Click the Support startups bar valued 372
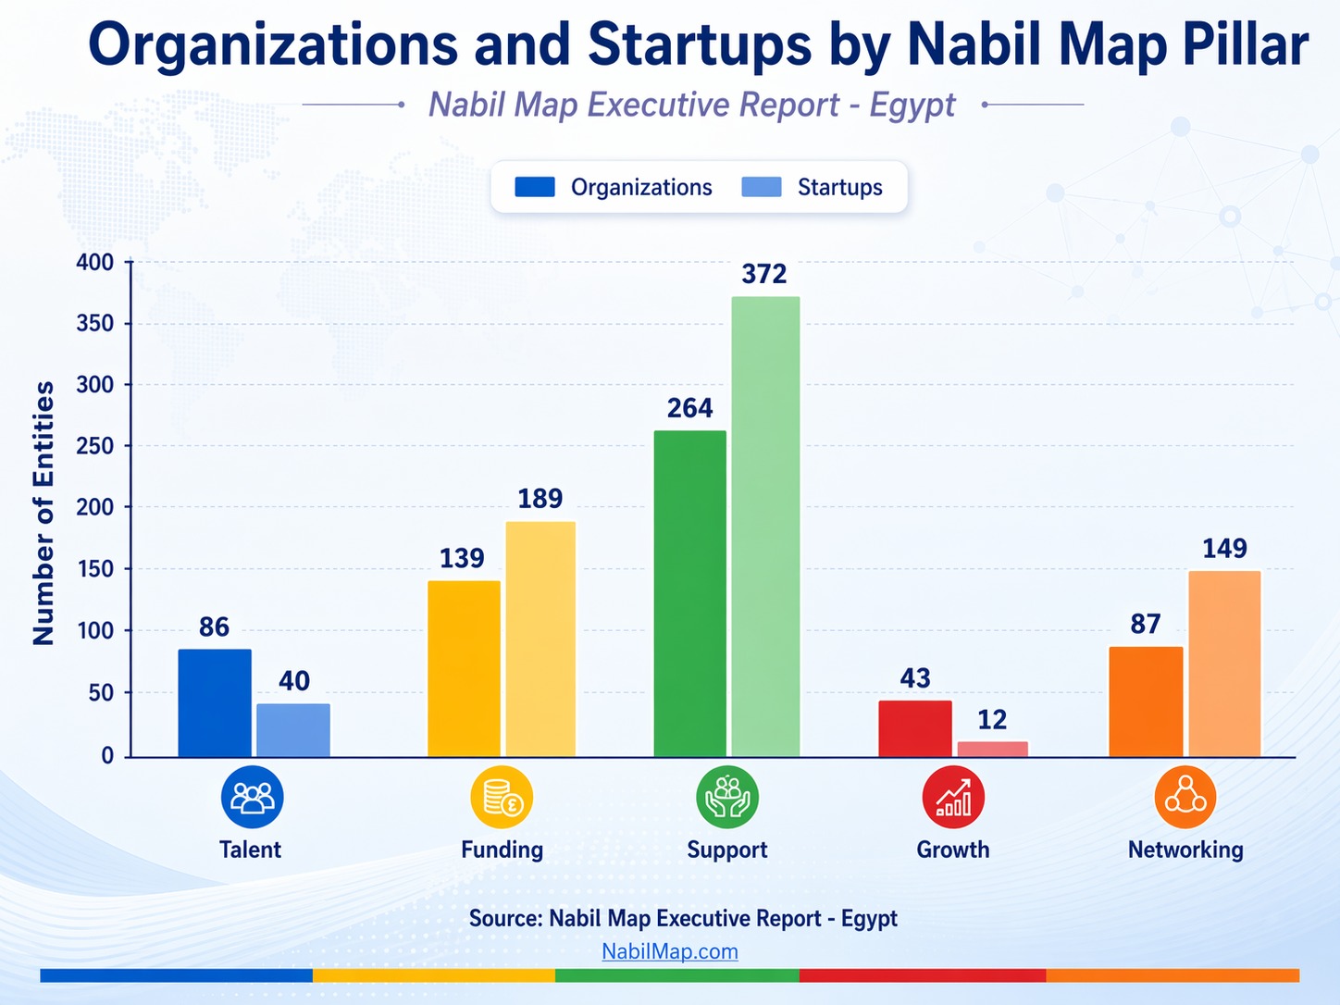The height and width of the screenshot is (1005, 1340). coord(765,527)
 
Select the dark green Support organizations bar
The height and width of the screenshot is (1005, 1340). coord(689,593)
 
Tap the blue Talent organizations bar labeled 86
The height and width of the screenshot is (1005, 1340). coord(215,702)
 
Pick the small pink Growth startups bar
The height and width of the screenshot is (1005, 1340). coord(992,749)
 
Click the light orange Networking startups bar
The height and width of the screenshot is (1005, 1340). coord(1224,664)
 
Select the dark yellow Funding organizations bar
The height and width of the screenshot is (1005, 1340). coord(464,668)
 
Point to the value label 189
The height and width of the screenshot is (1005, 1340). coord(540,499)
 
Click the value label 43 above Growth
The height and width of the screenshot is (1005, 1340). coord(914,678)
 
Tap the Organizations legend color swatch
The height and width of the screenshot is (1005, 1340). coord(535,187)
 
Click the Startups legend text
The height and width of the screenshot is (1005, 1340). coord(839,187)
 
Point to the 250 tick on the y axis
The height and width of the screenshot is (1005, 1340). coord(94,446)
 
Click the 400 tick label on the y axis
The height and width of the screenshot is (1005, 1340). coord(94,263)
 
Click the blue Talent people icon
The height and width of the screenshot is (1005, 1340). coord(252,797)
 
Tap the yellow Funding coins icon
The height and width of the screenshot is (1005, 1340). coord(502,797)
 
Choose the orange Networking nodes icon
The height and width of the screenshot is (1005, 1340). coord(1185,797)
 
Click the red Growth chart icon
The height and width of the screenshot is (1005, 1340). coord(953,797)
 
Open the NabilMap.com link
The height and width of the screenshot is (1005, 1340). coord(669,951)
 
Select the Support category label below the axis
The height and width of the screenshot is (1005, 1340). coord(726,850)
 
